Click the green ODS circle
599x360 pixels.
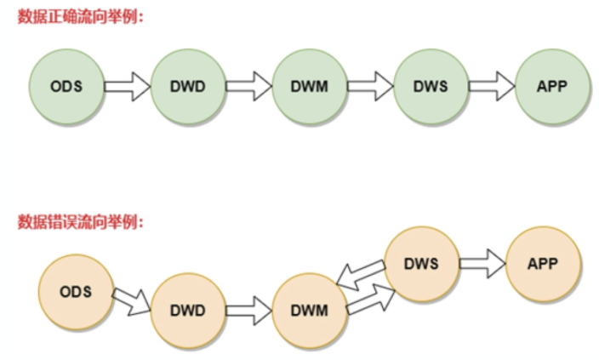pos(66,86)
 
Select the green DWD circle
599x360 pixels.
pos(188,86)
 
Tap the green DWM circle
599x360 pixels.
pos(310,86)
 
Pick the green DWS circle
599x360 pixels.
pos(431,86)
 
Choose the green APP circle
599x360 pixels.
pos(552,86)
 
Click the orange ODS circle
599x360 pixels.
pos(76,292)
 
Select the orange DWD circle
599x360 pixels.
pos(188,311)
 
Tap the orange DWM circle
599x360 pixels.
pos(310,311)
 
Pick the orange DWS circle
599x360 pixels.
pos(422,264)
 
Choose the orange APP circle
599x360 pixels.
pos(543,264)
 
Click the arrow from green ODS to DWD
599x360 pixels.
pos(128,86)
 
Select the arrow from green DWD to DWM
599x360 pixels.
pos(248,86)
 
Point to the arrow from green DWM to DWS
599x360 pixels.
pos(370,86)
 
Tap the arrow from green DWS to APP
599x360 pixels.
pos(492,86)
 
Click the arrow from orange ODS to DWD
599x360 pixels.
pos(132,302)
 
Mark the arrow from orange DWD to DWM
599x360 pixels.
pos(248,311)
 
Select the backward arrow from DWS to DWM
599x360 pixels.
pos(361,275)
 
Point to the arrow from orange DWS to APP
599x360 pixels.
pos(482,264)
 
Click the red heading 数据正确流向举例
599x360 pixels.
pos(81,17)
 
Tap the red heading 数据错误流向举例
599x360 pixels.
pos(81,222)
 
